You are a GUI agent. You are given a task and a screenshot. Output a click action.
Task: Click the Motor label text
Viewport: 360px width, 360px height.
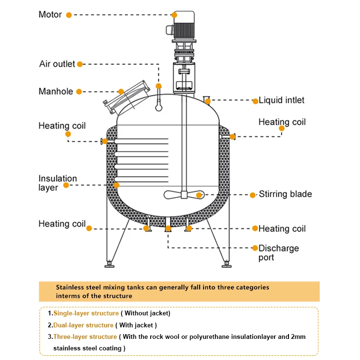pyautogui.click(x=50, y=15)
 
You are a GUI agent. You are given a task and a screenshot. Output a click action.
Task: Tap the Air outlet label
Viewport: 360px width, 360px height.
pyautogui.click(x=57, y=64)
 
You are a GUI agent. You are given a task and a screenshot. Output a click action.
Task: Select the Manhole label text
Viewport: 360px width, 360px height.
pyautogui.click(x=56, y=91)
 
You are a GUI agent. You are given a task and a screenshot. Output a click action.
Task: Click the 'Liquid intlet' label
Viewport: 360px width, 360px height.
pyautogui.click(x=281, y=100)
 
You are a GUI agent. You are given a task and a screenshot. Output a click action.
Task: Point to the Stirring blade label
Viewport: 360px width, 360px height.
pyautogui.click(x=285, y=194)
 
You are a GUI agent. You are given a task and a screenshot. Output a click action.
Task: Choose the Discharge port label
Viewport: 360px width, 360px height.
pyautogui.click(x=278, y=253)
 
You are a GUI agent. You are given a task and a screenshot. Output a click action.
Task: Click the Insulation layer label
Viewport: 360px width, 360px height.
pyautogui.click(x=58, y=183)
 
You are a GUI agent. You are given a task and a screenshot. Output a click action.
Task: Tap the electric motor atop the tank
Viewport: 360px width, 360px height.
pyautogui.click(x=182, y=26)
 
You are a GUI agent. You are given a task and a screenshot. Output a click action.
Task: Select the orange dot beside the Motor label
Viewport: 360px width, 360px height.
pyautogui.click(x=69, y=15)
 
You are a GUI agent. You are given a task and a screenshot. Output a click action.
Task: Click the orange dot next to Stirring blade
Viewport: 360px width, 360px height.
pyautogui.click(x=253, y=195)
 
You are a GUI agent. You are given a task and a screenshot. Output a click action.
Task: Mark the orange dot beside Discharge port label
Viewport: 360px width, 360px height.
pyautogui.click(x=255, y=248)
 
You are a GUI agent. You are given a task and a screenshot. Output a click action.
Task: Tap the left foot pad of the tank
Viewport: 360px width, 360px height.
pyautogui.click(x=110, y=264)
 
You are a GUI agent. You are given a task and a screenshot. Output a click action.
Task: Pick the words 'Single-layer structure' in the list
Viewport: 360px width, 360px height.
pyautogui.click(x=86, y=313)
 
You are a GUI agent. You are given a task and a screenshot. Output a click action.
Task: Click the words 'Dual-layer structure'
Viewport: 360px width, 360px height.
pyautogui.click(x=83, y=325)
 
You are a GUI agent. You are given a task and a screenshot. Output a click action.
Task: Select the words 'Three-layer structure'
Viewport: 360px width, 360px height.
pyautogui.click(x=85, y=336)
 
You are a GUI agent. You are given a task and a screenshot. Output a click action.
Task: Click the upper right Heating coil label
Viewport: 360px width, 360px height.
pyautogui.click(x=282, y=122)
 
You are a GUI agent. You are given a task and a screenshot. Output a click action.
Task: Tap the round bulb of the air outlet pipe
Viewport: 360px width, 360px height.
pyautogui.click(x=158, y=108)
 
